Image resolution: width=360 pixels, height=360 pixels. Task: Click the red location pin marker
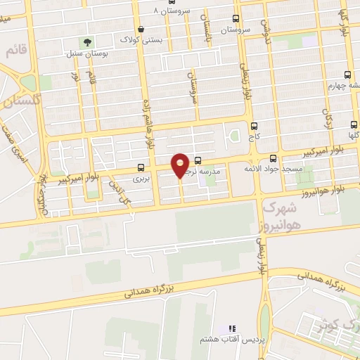pyautogui.click(x=181, y=164)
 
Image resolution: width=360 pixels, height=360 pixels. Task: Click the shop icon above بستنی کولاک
pyautogui.click(x=142, y=30)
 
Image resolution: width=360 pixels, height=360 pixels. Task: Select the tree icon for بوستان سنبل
pyautogui.click(x=88, y=42)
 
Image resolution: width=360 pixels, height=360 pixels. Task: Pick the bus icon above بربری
pyautogui.click(x=141, y=168)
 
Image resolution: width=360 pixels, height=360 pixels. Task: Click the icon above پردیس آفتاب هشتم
pyautogui.click(x=233, y=328)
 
